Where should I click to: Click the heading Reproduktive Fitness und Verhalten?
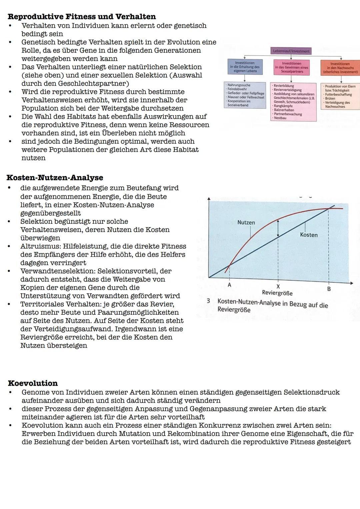coord(82,17)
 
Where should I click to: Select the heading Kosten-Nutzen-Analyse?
coord(55,178)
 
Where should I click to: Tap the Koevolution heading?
coord(33,383)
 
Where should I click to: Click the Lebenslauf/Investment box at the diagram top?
coord(291,51)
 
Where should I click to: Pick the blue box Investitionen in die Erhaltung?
coord(245,67)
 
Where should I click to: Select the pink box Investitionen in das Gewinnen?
coord(291,67)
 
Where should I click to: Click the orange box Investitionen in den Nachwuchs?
coord(340,68)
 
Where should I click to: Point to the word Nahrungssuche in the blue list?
coord(239,85)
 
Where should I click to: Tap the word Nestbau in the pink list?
coord(280,118)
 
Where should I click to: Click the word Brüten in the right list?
coord(330,99)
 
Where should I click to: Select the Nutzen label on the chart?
coord(246,222)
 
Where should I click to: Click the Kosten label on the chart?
coord(309,235)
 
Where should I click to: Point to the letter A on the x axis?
coord(229,285)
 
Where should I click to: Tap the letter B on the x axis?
coord(329,289)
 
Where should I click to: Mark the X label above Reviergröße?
coord(278,287)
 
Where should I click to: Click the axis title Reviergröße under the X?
coord(277,293)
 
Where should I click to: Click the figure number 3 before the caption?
coord(208,301)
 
